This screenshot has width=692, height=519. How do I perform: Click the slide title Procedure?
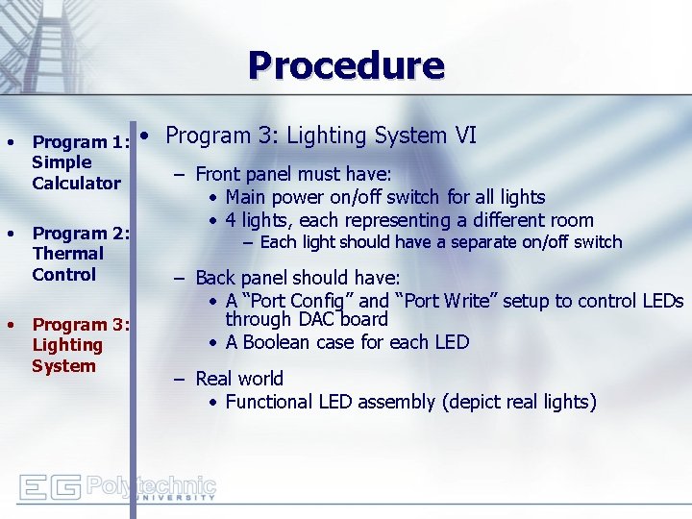[346, 65]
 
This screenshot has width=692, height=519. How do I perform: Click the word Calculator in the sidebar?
[76, 183]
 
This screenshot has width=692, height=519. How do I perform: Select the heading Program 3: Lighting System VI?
[321, 136]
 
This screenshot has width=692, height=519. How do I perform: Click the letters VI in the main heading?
[465, 136]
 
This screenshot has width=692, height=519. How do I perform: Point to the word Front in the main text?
[217, 174]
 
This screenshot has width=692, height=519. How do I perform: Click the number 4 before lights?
[232, 220]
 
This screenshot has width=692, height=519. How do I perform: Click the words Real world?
[239, 379]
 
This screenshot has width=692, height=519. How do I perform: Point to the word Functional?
[274, 402]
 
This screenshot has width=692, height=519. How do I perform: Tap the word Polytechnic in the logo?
[151, 483]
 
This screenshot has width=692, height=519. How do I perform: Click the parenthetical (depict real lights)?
[519, 402]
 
